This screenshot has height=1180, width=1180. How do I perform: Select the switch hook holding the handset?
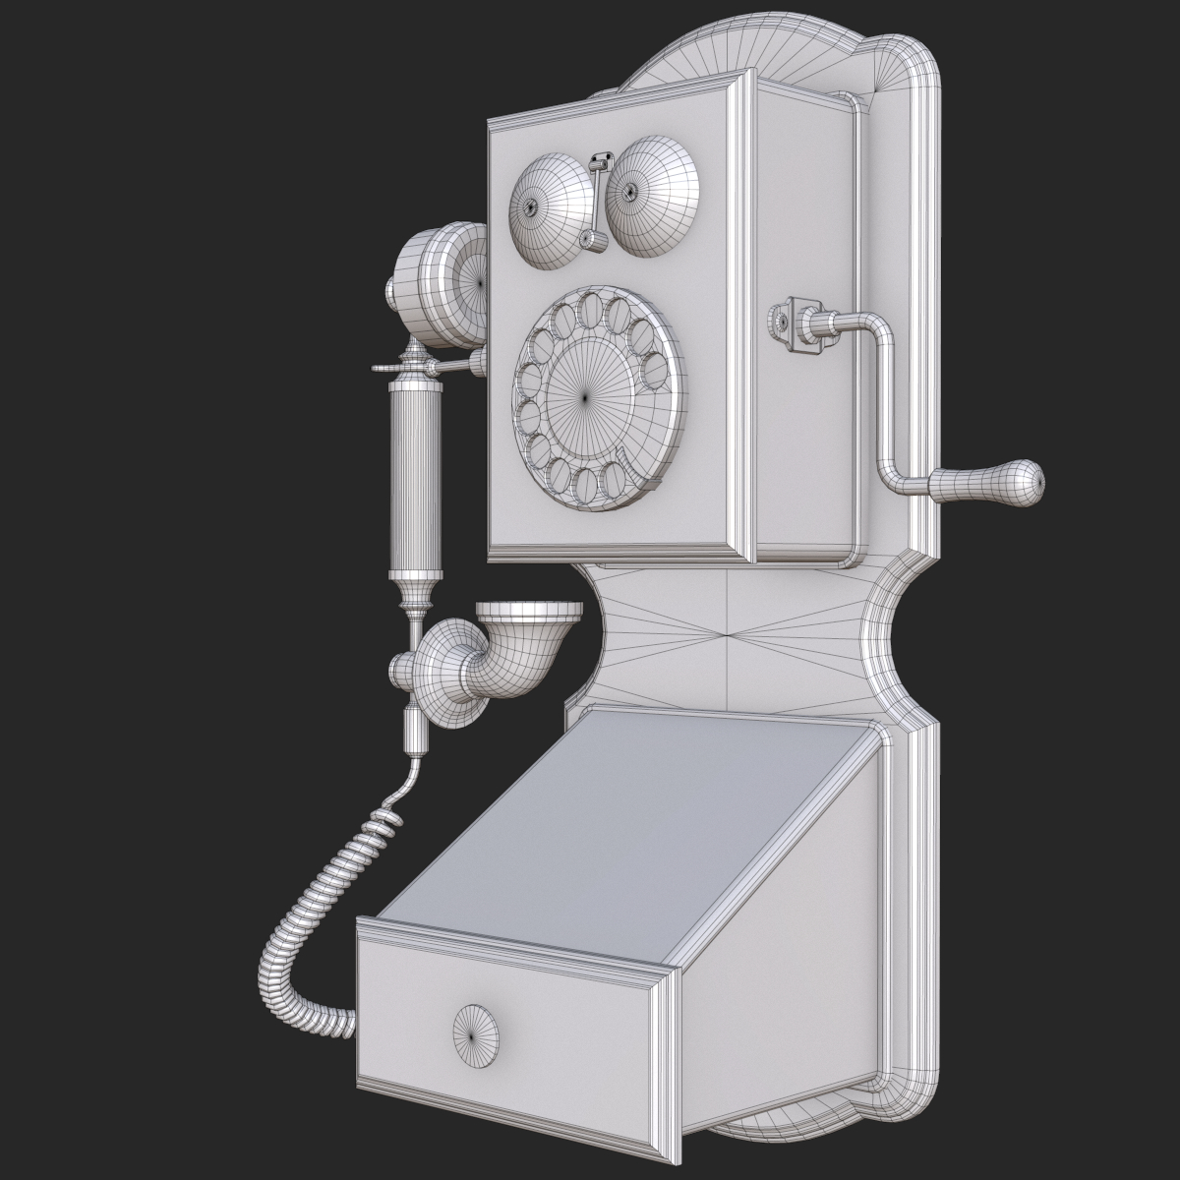point(433,366)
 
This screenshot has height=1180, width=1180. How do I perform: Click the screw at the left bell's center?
point(531,207)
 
